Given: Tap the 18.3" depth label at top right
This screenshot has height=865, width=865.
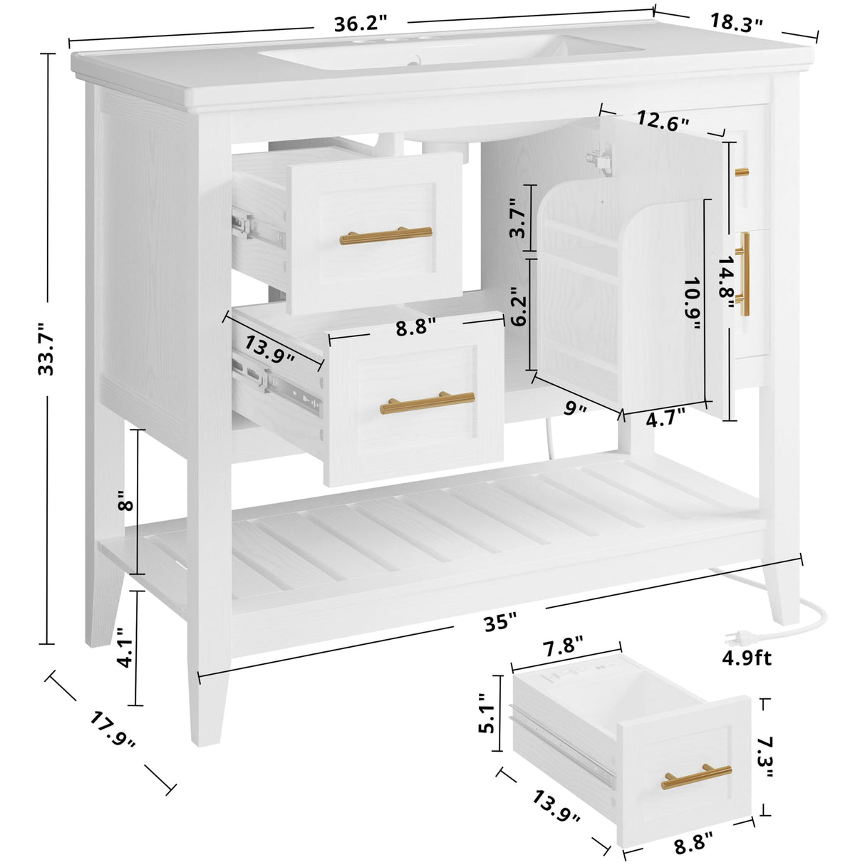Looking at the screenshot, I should click(736, 21).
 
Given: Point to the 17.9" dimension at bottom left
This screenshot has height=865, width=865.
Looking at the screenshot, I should click(113, 730).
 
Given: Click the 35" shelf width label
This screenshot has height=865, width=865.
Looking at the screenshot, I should click(500, 621).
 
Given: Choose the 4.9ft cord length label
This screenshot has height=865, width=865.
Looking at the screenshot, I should click(747, 657).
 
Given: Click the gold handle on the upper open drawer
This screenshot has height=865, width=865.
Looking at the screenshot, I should click(385, 236).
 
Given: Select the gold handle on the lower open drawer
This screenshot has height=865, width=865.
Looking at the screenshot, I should click(428, 403).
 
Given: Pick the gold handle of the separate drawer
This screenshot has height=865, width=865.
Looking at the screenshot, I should click(696, 776).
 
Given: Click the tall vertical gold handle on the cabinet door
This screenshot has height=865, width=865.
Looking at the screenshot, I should click(745, 274).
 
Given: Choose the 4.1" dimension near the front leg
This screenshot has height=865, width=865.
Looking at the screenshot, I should click(123, 647).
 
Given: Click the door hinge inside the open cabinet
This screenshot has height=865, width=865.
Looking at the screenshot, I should click(604, 159).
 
